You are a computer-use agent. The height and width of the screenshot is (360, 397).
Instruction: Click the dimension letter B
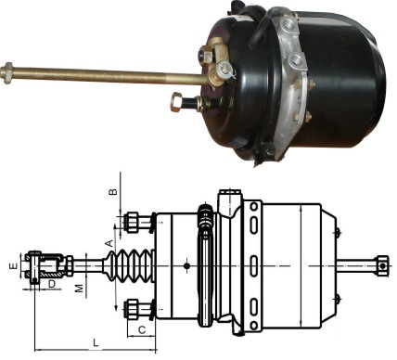(x=114, y=191)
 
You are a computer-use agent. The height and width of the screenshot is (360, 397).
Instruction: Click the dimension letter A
(x=109, y=243)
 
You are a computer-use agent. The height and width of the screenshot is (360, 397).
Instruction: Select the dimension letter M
(x=80, y=289)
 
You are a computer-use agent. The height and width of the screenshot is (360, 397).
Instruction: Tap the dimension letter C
(x=142, y=330)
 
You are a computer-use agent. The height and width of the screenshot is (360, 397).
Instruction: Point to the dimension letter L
(x=96, y=342)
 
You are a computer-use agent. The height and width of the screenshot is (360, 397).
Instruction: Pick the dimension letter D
(x=52, y=283)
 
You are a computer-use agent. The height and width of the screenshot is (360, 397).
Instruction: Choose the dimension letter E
(x=13, y=266)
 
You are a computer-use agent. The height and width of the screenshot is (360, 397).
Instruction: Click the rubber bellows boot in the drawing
(x=128, y=265)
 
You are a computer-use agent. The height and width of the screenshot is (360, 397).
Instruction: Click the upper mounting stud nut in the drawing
(x=133, y=222)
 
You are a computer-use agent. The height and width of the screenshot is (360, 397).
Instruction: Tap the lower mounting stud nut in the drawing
(x=133, y=309)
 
